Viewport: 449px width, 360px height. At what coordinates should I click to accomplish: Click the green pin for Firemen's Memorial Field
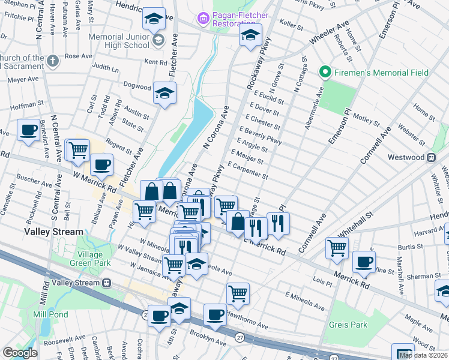[326, 73]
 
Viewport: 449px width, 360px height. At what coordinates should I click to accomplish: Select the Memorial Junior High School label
[118, 41]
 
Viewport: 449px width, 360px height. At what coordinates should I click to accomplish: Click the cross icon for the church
[53, 61]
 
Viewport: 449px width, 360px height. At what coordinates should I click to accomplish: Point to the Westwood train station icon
[431, 157]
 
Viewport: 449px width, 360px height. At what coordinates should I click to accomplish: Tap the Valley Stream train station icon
[106, 283]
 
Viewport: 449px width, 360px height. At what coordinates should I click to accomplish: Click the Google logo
[20, 353]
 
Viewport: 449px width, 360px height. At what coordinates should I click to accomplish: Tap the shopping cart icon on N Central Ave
[77, 150]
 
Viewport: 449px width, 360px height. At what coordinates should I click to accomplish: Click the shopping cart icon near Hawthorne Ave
[238, 293]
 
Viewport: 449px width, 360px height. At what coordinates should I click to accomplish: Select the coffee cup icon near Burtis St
[364, 261]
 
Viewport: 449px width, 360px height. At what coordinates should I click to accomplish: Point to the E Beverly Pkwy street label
[260, 135]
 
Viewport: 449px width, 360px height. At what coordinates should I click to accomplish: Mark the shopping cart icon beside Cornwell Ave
[337, 247]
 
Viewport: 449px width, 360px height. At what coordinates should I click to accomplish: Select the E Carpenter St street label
[248, 170]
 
